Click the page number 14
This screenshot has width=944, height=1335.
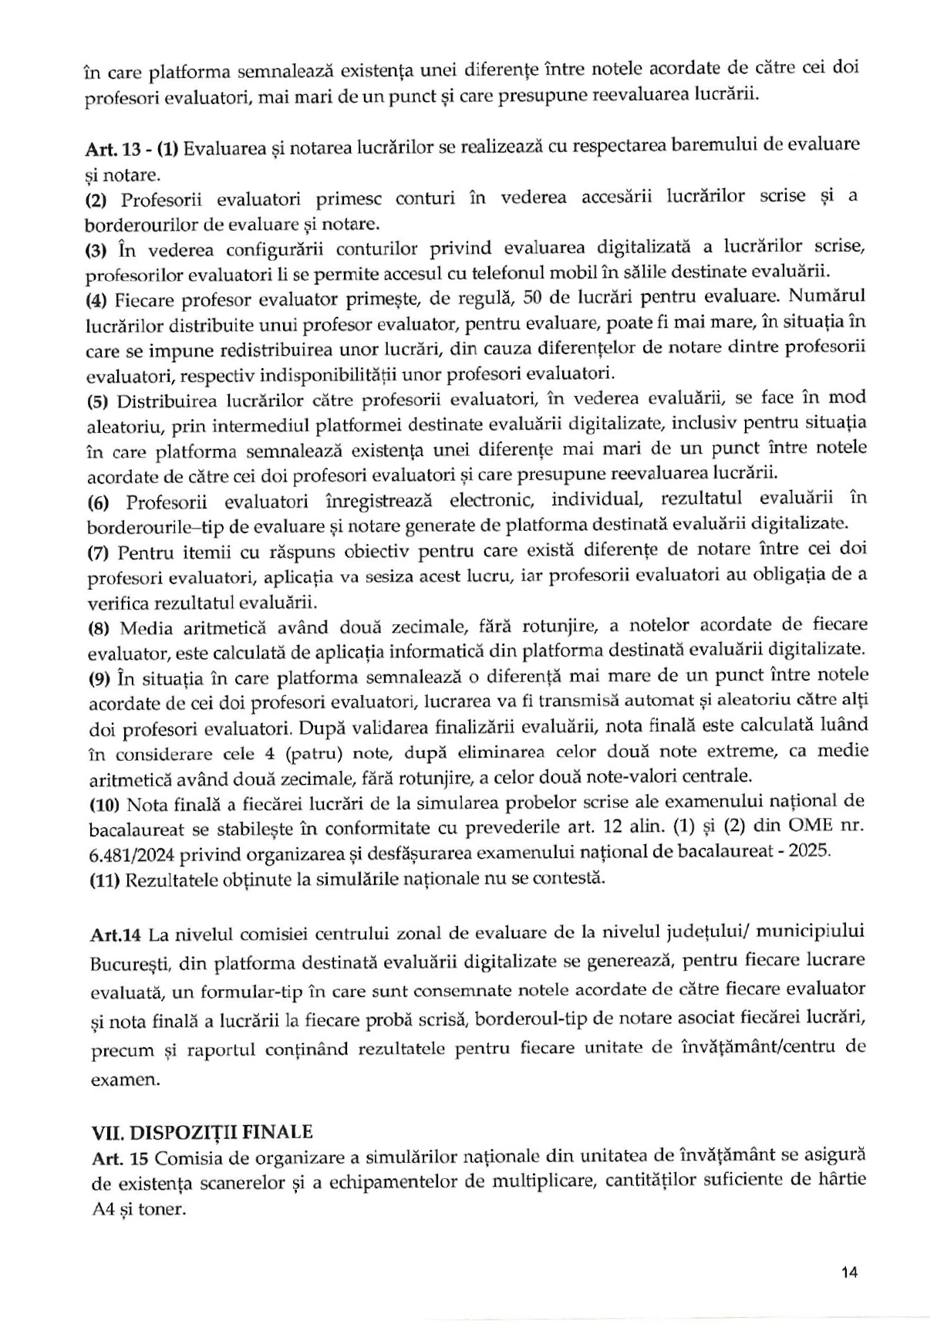(x=850, y=1272)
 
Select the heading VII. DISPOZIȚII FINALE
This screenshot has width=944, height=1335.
(x=202, y=1132)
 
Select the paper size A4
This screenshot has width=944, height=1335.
(x=103, y=1209)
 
